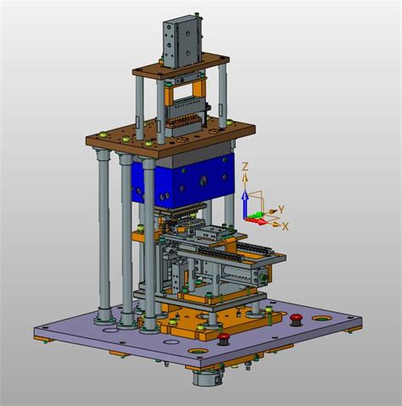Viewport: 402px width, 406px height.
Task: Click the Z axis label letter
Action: click(245, 167)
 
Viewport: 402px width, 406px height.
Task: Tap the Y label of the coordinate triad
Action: click(281, 209)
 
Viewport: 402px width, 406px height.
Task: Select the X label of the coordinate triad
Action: click(286, 226)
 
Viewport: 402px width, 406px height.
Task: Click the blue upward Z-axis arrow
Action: click(244, 203)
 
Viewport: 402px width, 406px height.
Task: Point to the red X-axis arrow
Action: click(257, 221)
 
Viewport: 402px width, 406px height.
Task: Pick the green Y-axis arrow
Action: click(254, 215)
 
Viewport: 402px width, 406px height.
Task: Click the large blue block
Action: click(183, 181)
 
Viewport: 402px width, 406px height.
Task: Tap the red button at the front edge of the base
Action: click(223, 338)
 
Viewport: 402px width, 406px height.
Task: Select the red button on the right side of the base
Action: click(296, 320)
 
